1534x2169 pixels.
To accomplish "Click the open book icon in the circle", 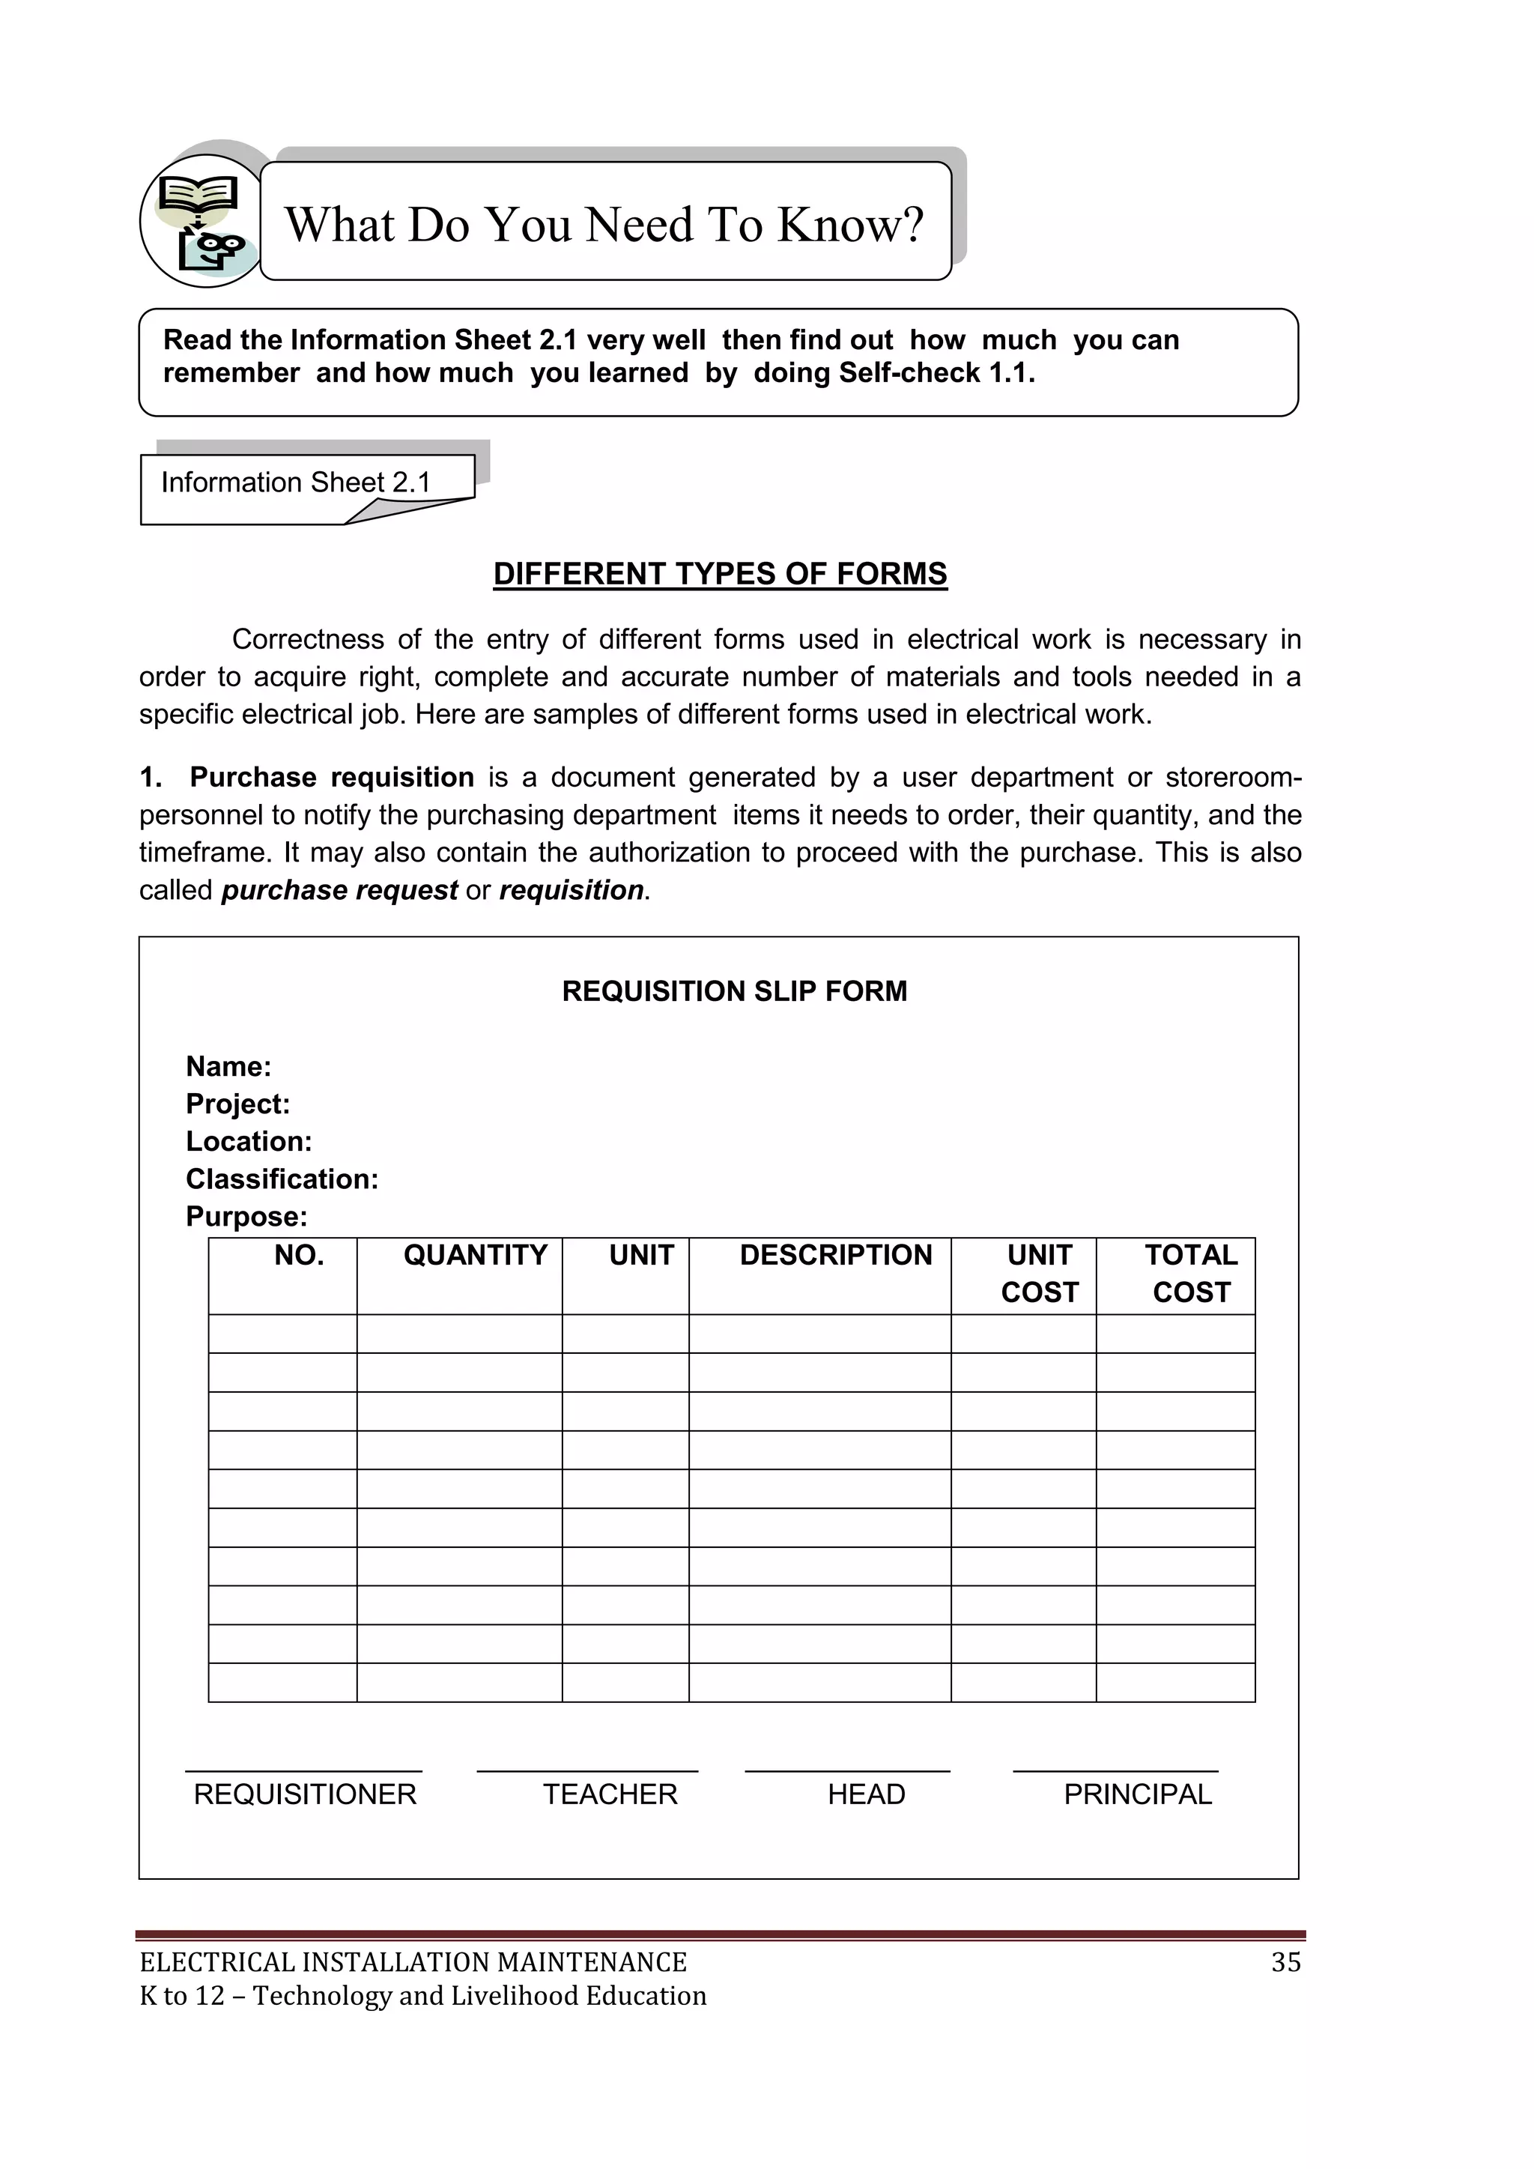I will click(x=198, y=196).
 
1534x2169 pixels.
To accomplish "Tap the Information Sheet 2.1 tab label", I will click(x=296, y=482).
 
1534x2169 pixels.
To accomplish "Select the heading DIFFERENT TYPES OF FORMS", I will click(x=720, y=575).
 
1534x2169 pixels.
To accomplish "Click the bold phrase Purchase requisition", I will click(x=332, y=778).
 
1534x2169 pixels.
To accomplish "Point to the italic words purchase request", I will click(x=339, y=891).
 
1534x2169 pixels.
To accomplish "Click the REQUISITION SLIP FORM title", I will click(x=734, y=992).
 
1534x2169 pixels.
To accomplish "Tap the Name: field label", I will click(x=228, y=1067).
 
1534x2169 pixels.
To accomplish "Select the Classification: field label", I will click(x=282, y=1179).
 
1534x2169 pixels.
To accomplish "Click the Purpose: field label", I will click(x=246, y=1217).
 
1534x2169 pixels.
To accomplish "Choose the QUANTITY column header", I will click(x=475, y=1256).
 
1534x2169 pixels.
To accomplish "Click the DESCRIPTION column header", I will click(x=835, y=1256).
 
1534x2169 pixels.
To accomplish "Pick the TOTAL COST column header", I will click(x=1190, y=1274).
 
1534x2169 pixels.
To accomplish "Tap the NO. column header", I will click(x=299, y=1256).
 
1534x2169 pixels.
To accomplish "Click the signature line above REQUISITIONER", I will click(x=303, y=1771).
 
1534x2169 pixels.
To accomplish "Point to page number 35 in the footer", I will click(x=1285, y=1963).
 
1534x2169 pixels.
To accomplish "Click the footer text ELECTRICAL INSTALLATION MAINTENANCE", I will click(x=413, y=1963).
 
